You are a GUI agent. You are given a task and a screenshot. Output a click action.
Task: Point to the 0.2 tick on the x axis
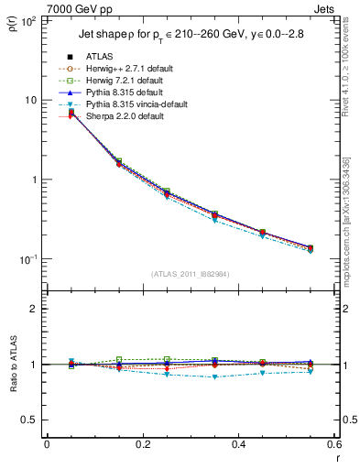point(142,444)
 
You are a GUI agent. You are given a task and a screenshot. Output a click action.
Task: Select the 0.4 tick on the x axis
point(238,444)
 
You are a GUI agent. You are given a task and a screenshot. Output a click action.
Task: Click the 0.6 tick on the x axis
point(333,444)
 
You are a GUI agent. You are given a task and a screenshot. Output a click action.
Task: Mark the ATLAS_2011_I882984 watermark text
point(190,273)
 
